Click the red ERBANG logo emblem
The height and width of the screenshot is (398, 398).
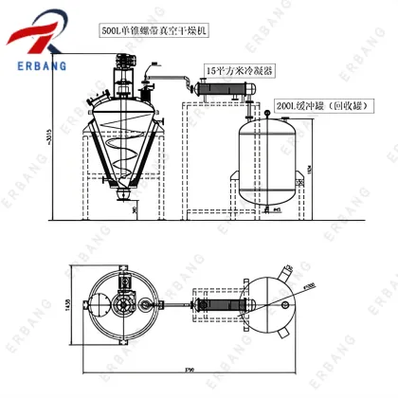pyautogui.click(x=38, y=34)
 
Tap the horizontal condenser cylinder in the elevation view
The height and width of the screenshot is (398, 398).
pyautogui.click(x=225, y=89)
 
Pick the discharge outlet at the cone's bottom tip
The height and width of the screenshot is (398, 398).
pyautogui.click(x=122, y=196)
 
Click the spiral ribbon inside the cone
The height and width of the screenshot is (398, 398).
pyautogui.click(x=122, y=152)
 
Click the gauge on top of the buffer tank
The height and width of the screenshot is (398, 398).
pyautogui.click(x=268, y=116)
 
